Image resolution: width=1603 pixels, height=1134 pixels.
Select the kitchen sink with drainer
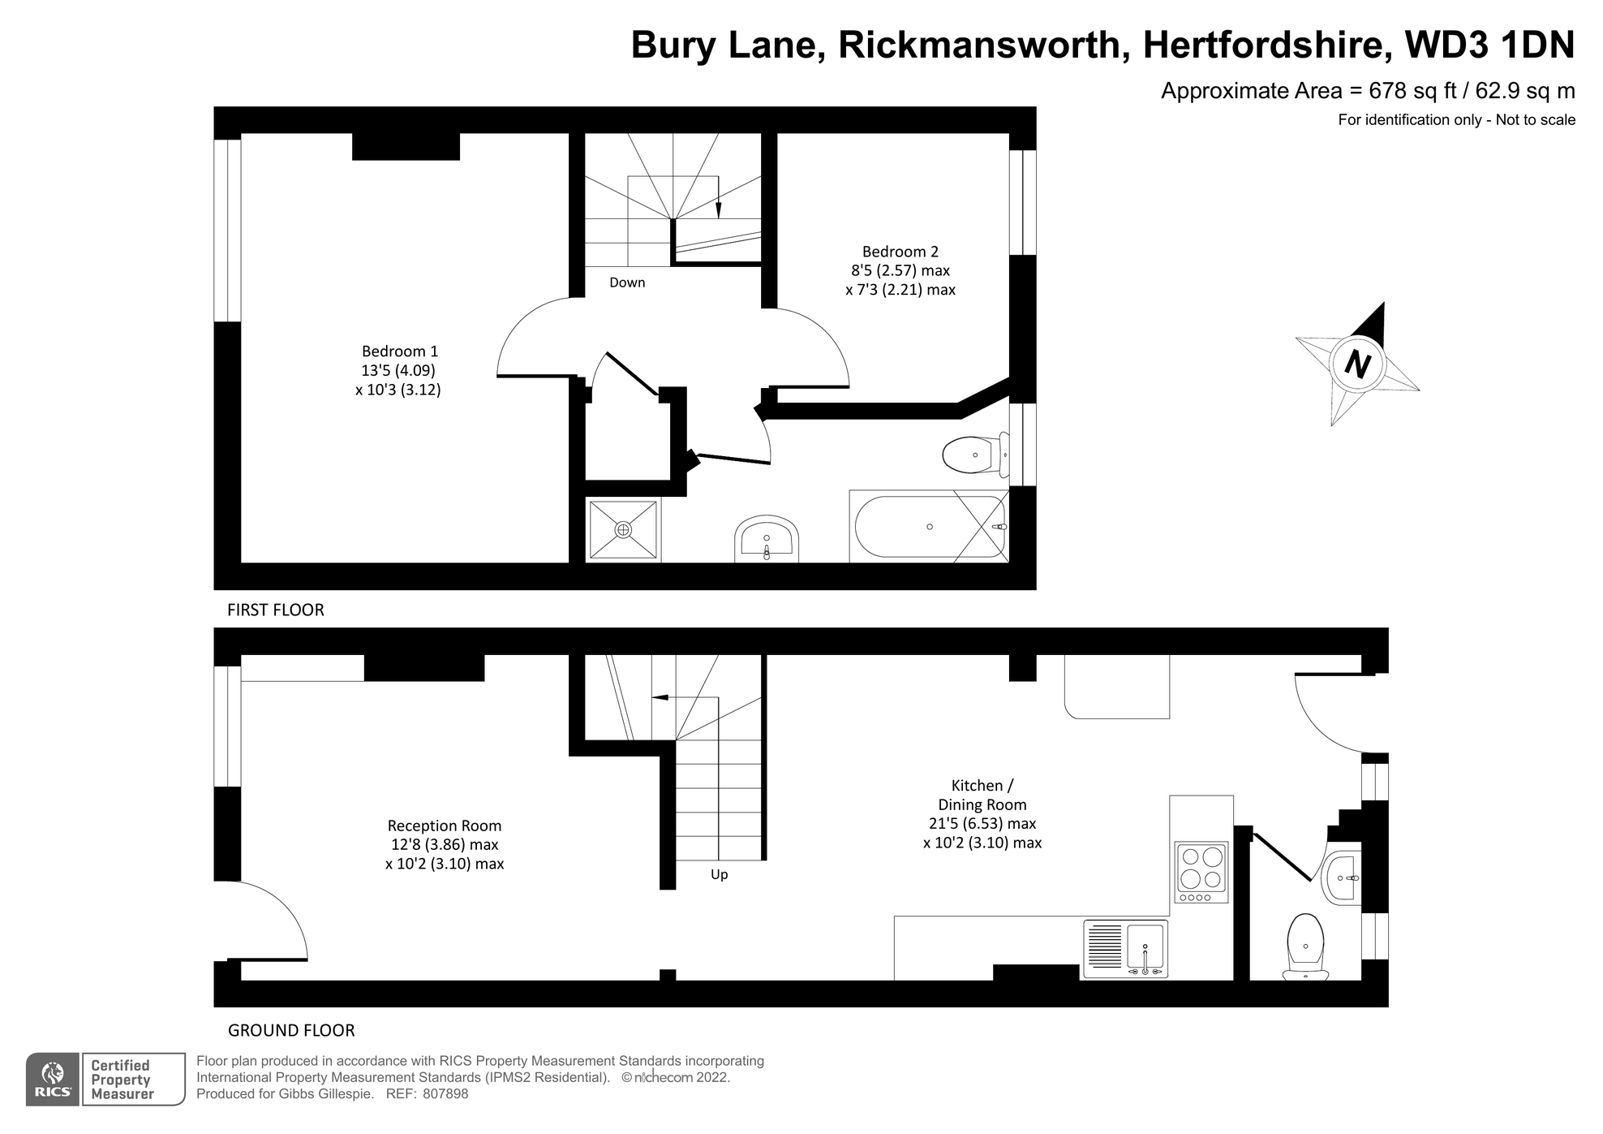(x=1125, y=948)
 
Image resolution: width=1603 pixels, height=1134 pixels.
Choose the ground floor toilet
(x=1305, y=946)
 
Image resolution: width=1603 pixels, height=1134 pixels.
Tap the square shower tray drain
(x=623, y=530)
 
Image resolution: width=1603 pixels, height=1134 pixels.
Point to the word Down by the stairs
(x=627, y=282)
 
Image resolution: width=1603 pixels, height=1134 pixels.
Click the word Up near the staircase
(x=719, y=874)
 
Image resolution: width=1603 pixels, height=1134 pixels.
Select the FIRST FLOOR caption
(x=275, y=610)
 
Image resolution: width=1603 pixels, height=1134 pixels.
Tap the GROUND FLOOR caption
(x=291, y=1030)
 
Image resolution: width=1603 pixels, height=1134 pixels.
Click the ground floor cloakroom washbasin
(x=1343, y=877)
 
